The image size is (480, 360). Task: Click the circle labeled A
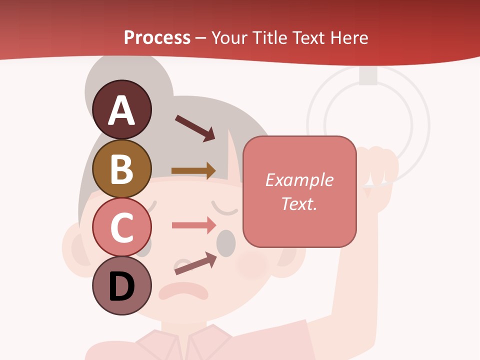[x=121, y=110]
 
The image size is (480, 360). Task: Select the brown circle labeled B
[x=121, y=168]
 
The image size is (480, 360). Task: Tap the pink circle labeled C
[x=121, y=227]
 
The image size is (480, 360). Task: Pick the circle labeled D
[x=121, y=285]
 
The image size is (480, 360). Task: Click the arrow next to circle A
[x=195, y=128]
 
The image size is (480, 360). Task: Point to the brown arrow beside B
[x=193, y=170]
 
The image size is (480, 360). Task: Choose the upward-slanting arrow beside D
[x=195, y=263]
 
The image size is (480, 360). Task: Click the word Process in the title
[x=157, y=37]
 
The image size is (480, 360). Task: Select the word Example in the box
[x=299, y=180]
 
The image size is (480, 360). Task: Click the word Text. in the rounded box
[x=299, y=203]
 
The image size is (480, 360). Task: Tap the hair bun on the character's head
[x=115, y=75]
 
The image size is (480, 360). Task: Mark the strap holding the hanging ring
[x=368, y=75]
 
